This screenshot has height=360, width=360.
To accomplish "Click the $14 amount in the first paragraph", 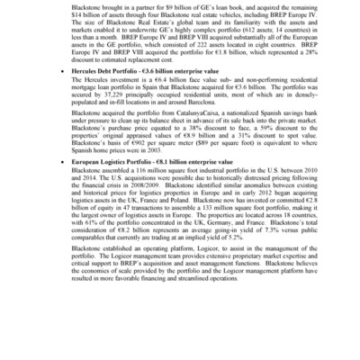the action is [x=76, y=13].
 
